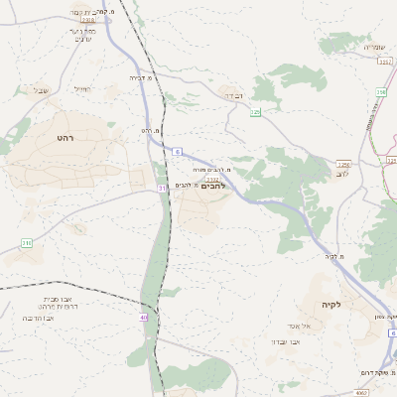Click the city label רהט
pyautogui.click(x=65, y=137)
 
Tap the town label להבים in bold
pyautogui.click(x=213, y=186)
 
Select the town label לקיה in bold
pyautogui.click(x=331, y=304)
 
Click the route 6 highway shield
pyautogui.click(x=178, y=151)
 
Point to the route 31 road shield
pyautogui.click(x=161, y=188)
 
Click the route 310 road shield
pyautogui.click(x=27, y=242)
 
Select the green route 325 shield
pyautogui.click(x=255, y=113)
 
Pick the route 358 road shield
pyautogui.click(x=380, y=92)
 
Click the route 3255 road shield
pyautogui.click(x=343, y=164)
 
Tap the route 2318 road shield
pyautogui.click(x=88, y=19)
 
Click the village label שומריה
pyautogui.click(x=373, y=47)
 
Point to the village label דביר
pyautogui.click(x=234, y=96)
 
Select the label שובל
pyautogui.click(x=41, y=91)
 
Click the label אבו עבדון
pyautogui.click(x=286, y=340)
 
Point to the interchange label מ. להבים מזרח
pyautogui.click(x=213, y=171)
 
